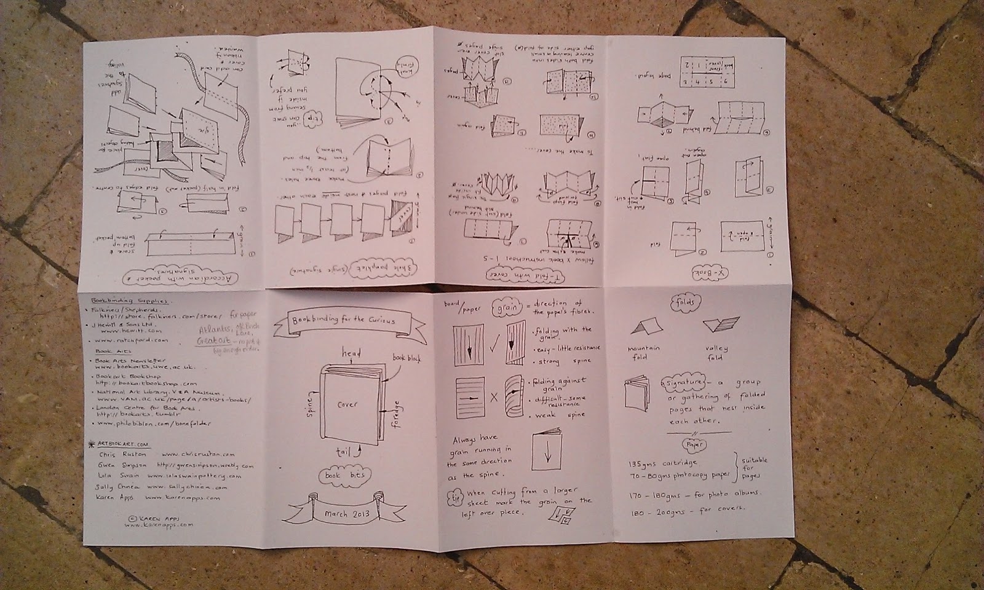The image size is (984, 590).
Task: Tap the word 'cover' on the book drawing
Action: click(x=347, y=404)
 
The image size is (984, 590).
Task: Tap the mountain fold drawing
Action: click(x=643, y=329)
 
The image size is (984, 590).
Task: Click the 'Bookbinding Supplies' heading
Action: click(x=129, y=301)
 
